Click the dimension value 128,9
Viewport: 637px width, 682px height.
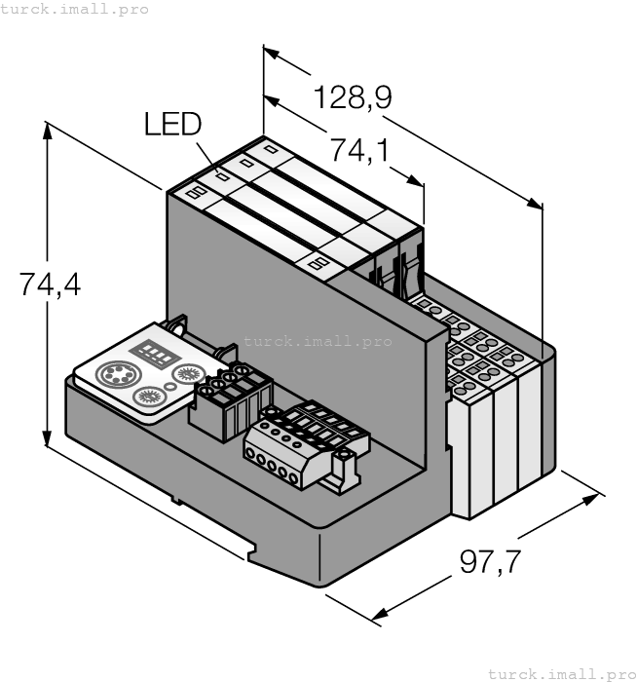352,98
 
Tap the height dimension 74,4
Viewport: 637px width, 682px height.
50,284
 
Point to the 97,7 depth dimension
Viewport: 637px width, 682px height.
490,563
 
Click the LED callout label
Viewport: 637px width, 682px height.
172,124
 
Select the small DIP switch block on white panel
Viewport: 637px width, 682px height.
151,352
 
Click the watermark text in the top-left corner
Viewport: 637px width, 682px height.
74,9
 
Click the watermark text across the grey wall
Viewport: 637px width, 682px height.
317,341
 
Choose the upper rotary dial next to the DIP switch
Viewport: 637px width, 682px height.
186,373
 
